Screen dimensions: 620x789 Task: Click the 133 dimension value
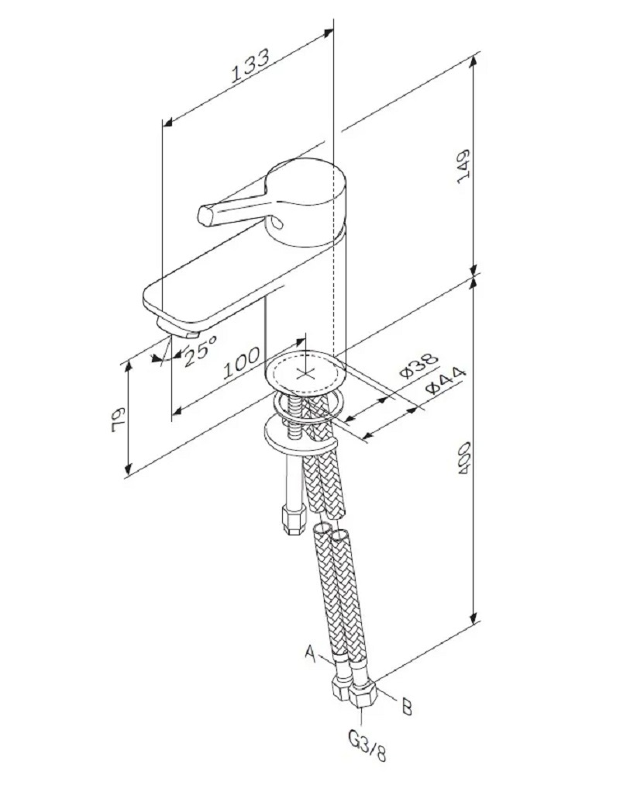pyautogui.click(x=250, y=65)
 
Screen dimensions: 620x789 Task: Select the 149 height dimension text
pyautogui.click(x=463, y=166)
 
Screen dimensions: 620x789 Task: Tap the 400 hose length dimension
pyautogui.click(x=463, y=459)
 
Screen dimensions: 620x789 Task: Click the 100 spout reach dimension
pyautogui.click(x=242, y=362)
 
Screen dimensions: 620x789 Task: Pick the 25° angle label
pyautogui.click(x=200, y=350)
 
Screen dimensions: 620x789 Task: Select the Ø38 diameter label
pyautogui.click(x=418, y=365)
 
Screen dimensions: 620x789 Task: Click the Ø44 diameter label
pyautogui.click(x=445, y=382)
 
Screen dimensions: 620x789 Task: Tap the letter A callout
pyautogui.click(x=310, y=654)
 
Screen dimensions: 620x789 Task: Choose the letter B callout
pyautogui.click(x=407, y=707)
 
